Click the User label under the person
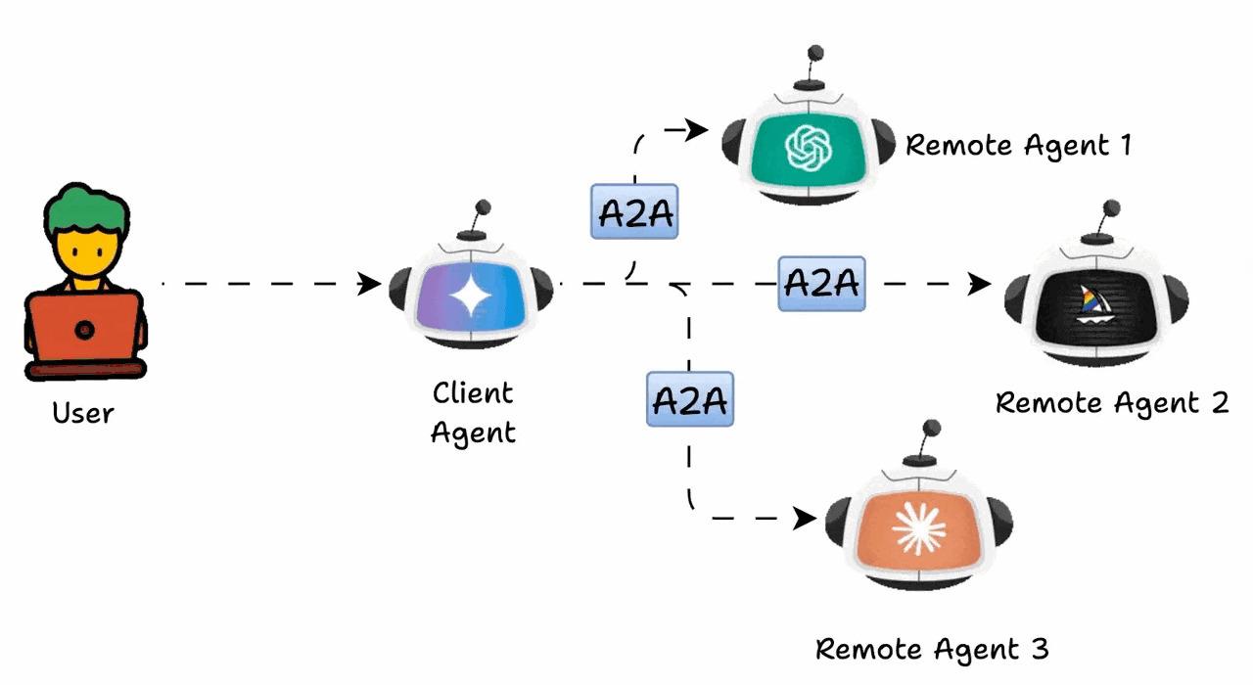click(83, 413)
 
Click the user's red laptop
click(85, 329)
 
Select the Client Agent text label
click(473, 412)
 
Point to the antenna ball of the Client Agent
click(482, 208)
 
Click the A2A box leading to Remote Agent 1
click(634, 211)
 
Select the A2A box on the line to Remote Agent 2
click(821, 284)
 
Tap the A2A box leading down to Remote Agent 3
click(689, 398)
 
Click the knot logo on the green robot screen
click(809, 149)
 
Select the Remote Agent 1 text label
click(1018, 146)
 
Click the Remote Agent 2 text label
click(1111, 403)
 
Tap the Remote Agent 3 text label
click(932, 649)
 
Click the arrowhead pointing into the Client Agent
click(370, 284)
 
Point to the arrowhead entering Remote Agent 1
click(697, 129)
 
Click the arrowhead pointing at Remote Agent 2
click(979, 284)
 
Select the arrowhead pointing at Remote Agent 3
click(805, 518)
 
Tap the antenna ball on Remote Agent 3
click(931, 429)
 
